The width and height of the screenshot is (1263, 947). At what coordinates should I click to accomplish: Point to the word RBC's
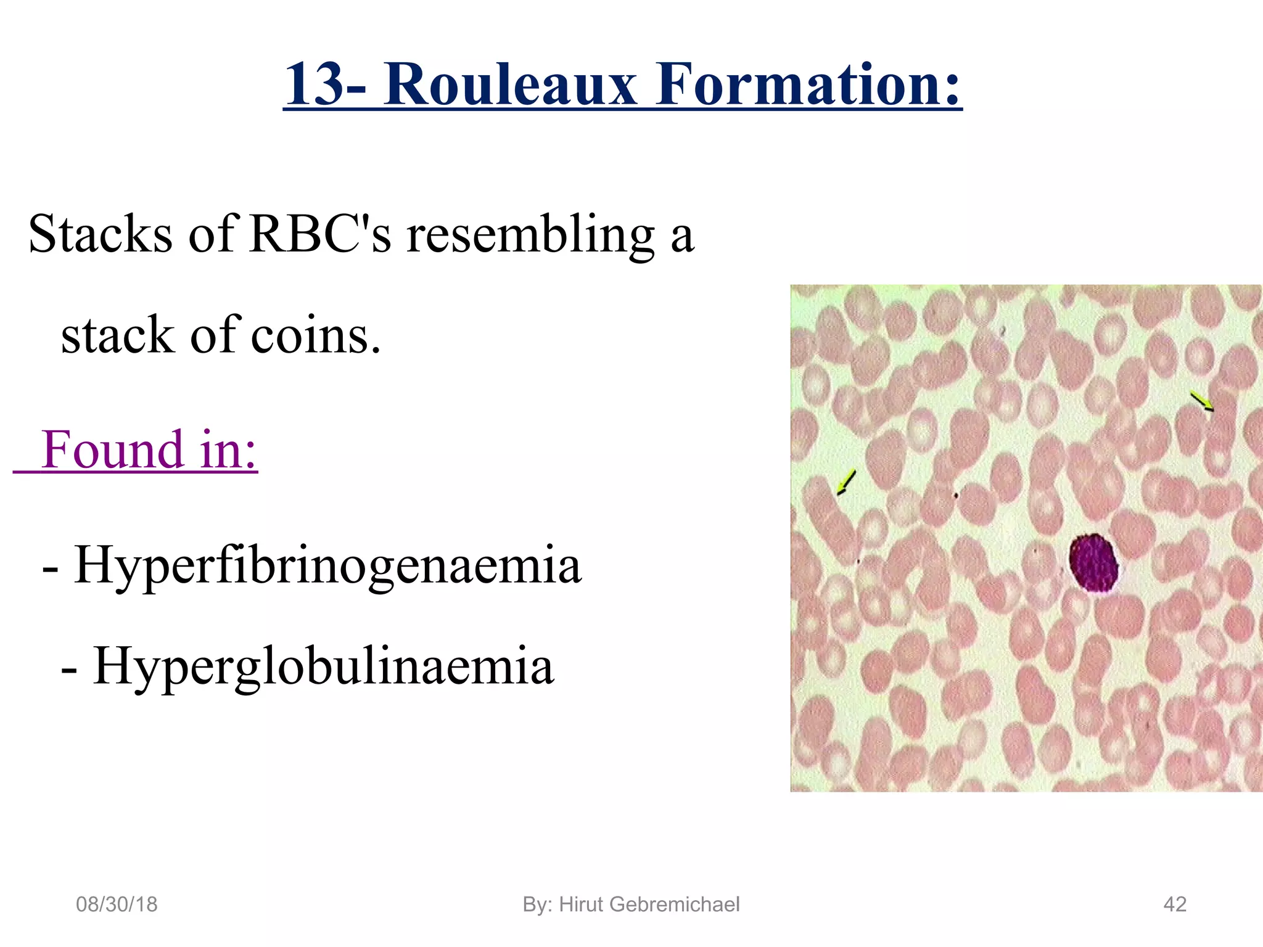click(x=320, y=234)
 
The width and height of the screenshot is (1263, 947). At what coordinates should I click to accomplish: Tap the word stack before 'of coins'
click(x=117, y=336)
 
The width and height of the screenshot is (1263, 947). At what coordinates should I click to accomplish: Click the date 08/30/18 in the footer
click(x=117, y=904)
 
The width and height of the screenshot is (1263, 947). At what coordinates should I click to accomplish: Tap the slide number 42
click(x=1174, y=904)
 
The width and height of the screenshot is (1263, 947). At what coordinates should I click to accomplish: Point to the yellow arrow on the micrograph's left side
click(x=846, y=482)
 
